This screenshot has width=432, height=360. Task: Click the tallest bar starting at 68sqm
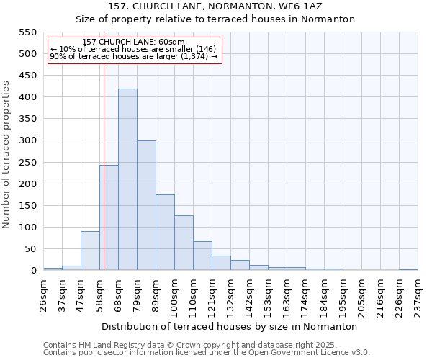[127, 180]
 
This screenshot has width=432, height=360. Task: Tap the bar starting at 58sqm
[109, 217]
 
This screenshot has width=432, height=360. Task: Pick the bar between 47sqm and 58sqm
[90, 251]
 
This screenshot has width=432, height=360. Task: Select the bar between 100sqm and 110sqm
[184, 243]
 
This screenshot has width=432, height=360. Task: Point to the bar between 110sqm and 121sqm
[202, 256]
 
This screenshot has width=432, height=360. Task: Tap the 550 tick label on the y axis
[27, 32]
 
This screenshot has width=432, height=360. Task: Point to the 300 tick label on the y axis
[27, 140]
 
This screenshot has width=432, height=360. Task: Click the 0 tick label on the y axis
[33, 271]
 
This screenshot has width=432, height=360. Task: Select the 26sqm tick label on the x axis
[43, 291]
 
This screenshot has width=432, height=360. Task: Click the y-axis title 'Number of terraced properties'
[6, 155]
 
